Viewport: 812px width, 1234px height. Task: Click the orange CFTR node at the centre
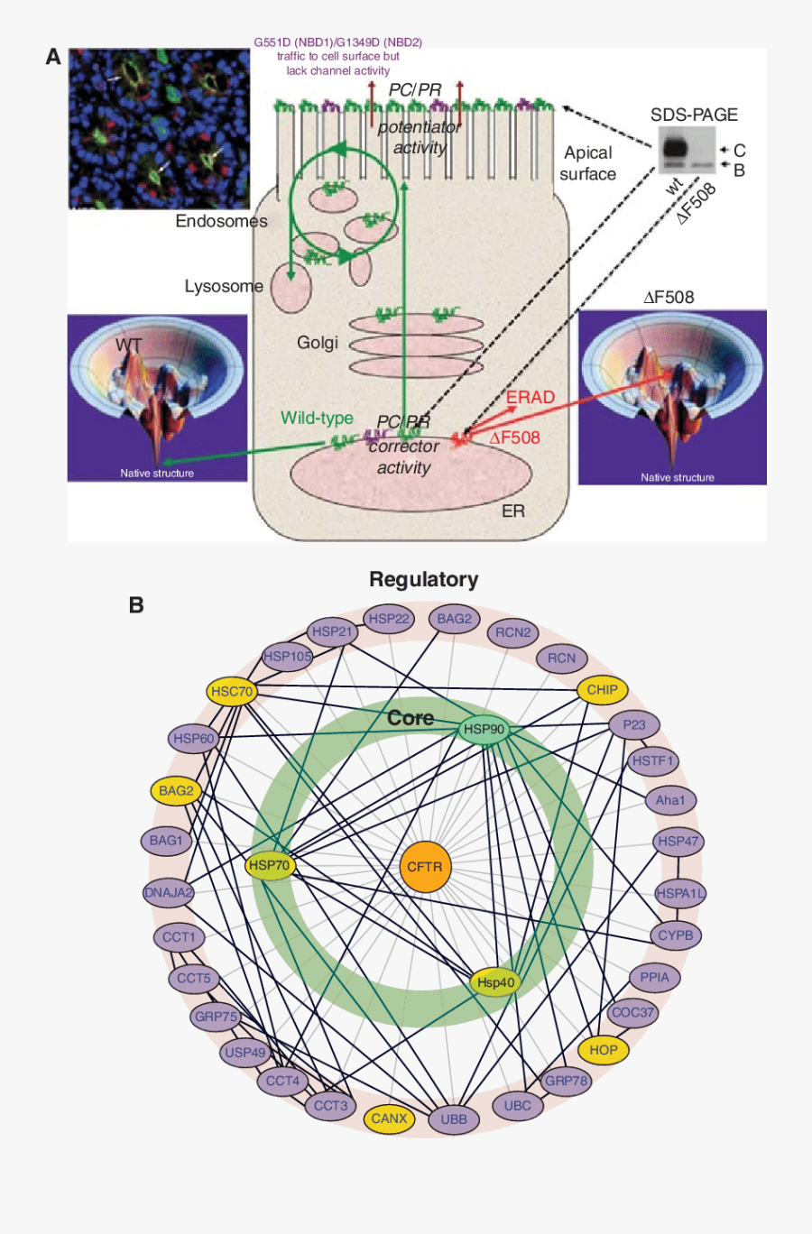click(x=424, y=867)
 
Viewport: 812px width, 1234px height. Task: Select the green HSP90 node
click(x=484, y=729)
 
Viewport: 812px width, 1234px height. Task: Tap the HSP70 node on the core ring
click(x=270, y=865)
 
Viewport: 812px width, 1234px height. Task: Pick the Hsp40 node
click(x=495, y=982)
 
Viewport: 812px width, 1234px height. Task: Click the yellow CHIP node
click(x=602, y=690)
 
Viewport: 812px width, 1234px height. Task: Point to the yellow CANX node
click(x=390, y=1119)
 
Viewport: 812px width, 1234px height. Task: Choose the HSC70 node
click(x=232, y=692)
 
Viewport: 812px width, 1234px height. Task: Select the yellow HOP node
click(x=604, y=1050)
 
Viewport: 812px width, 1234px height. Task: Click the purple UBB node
click(x=454, y=1119)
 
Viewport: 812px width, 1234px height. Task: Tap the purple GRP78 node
click(x=566, y=1081)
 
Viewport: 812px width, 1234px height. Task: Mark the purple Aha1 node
click(x=670, y=800)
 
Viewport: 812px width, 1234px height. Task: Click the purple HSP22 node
click(x=390, y=619)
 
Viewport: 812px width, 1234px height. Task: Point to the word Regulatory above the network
click(x=424, y=579)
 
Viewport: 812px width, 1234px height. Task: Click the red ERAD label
click(x=531, y=398)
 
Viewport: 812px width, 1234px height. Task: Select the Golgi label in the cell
click(x=318, y=343)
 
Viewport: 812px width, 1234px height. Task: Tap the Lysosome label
click(x=224, y=286)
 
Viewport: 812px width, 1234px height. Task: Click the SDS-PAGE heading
click(x=694, y=115)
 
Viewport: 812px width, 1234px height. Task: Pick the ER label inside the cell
click(x=513, y=511)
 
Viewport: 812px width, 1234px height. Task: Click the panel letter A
click(x=53, y=57)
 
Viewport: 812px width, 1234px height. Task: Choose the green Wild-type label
click(x=317, y=418)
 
